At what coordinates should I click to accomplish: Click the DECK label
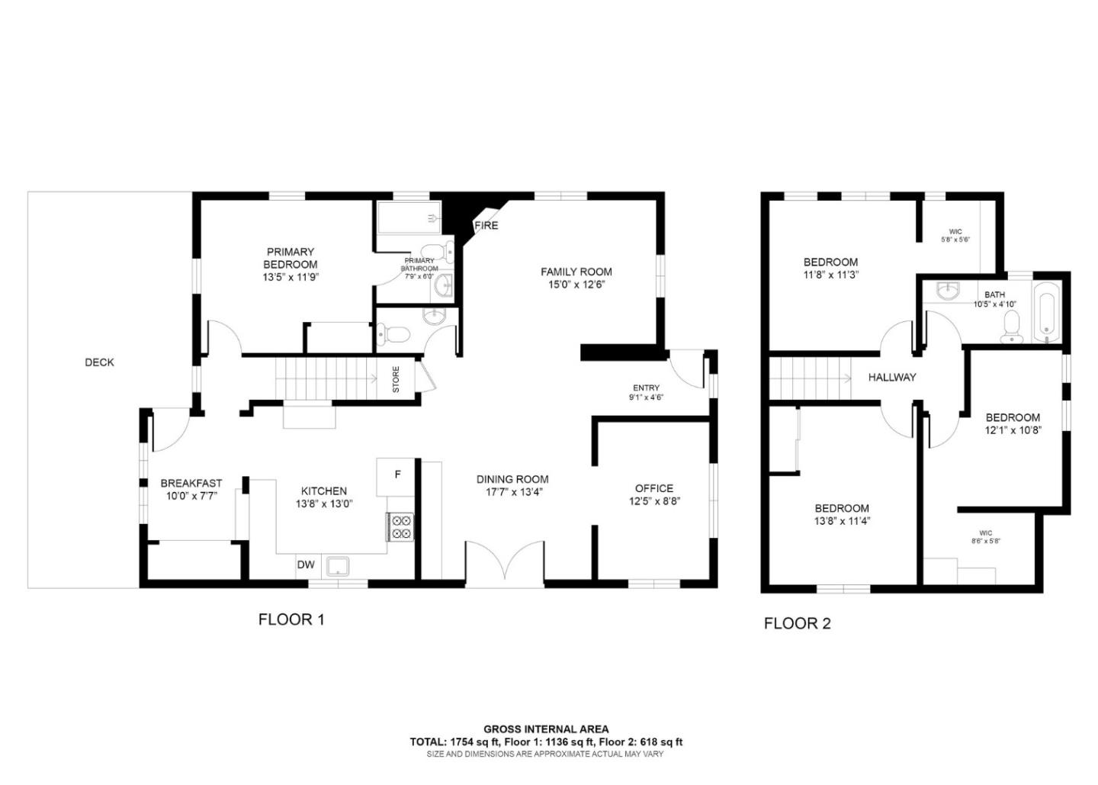click(x=99, y=362)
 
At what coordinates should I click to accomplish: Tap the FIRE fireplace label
click(x=486, y=225)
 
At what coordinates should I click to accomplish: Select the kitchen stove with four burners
click(x=401, y=527)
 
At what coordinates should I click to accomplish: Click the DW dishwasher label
click(x=306, y=565)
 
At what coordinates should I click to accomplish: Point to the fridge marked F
click(x=396, y=475)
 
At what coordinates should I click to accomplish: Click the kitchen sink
click(x=337, y=566)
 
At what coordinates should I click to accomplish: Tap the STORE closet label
click(x=396, y=380)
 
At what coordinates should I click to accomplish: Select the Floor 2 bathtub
click(x=1046, y=313)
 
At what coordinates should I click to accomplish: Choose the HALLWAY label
click(x=891, y=377)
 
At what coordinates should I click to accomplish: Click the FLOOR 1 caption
click(x=291, y=619)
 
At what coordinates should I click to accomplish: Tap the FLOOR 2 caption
click(x=797, y=623)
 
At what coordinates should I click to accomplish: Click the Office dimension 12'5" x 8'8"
click(x=654, y=501)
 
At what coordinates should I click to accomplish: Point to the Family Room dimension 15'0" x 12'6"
click(x=576, y=285)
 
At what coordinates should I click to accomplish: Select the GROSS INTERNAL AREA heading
click(x=546, y=729)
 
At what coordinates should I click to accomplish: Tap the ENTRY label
click(x=646, y=388)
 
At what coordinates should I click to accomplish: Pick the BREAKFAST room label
click(x=191, y=483)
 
